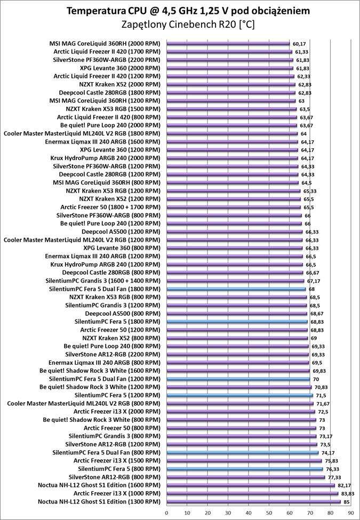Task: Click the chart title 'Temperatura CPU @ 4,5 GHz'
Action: click(x=180, y=11)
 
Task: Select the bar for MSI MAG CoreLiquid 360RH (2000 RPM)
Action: click(x=228, y=44)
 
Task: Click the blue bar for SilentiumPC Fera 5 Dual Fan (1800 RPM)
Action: click(x=236, y=289)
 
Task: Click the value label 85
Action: click(x=346, y=501)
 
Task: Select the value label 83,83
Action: click(x=347, y=493)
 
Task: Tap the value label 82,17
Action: click(x=344, y=485)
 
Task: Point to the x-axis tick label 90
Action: click(x=350, y=513)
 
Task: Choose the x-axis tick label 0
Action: click(x=166, y=513)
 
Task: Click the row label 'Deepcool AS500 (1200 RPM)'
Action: click(x=121, y=232)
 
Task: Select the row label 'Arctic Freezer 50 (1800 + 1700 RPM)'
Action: click(x=110, y=207)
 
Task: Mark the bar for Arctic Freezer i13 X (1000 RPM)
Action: click(x=252, y=493)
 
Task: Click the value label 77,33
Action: click(x=334, y=477)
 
